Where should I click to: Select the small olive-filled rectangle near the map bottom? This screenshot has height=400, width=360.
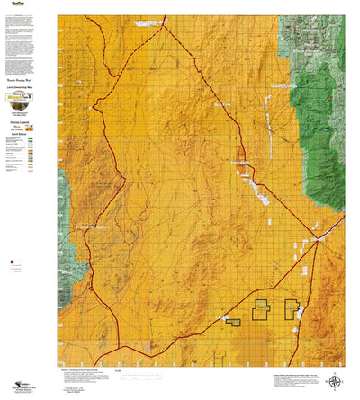click(x=233, y=321)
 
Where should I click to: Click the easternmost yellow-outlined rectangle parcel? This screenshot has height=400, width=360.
click(x=292, y=309)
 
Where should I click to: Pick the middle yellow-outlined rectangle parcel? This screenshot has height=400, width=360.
click(x=263, y=309)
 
